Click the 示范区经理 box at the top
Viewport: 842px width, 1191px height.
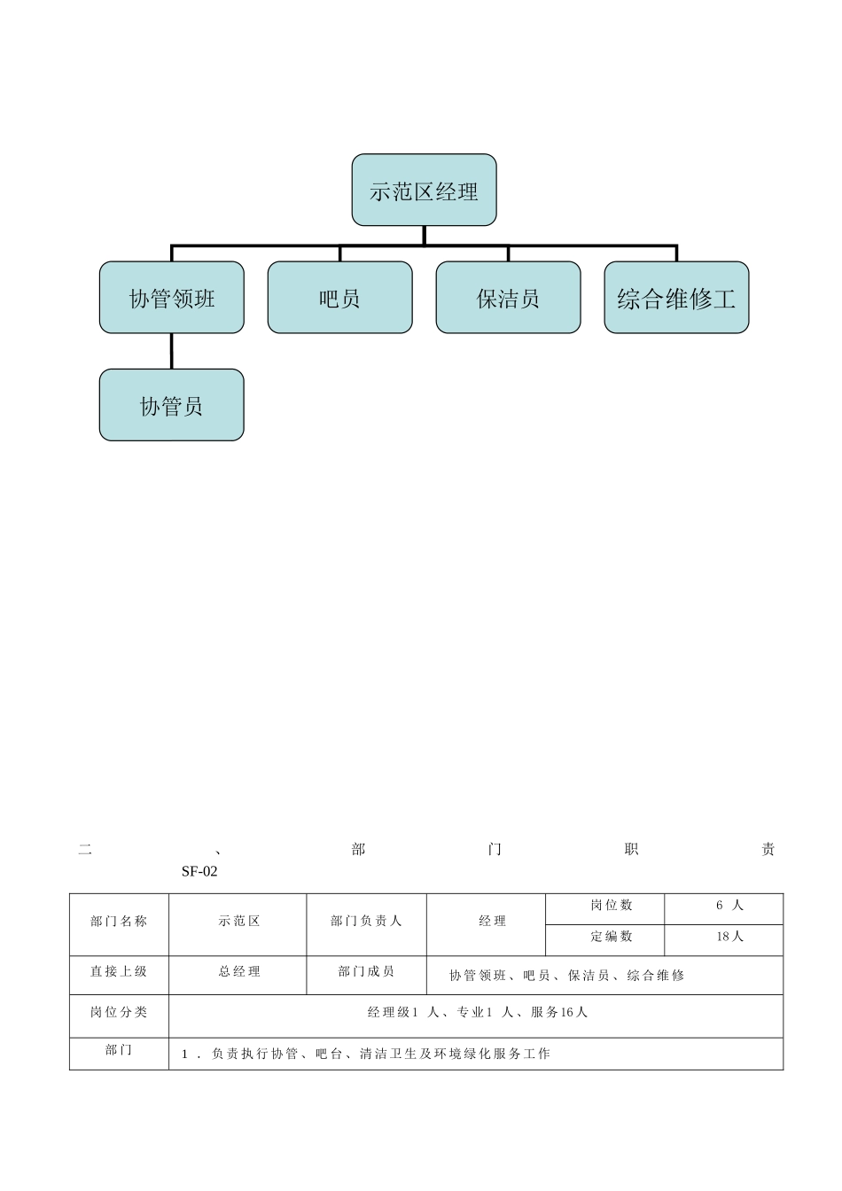click(x=424, y=191)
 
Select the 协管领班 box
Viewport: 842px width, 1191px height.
click(x=171, y=298)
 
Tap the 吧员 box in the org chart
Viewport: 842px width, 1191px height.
click(x=339, y=298)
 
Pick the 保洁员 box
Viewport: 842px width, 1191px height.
click(x=508, y=298)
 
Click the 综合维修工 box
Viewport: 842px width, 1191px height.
click(x=676, y=298)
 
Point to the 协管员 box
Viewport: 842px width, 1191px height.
click(x=171, y=405)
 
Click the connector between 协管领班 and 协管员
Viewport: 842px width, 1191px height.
click(x=171, y=351)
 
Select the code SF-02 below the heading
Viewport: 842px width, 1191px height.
click(x=199, y=871)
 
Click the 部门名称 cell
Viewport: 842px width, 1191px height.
click(x=119, y=922)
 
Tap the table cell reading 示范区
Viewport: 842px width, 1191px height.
click(x=239, y=922)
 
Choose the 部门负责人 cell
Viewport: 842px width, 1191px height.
click(x=366, y=922)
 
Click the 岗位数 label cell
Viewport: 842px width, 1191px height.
click(x=612, y=906)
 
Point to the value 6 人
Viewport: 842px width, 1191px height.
click(x=730, y=906)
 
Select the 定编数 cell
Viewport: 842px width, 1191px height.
click(x=612, y=937)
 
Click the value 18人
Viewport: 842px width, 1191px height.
click(x=730, y=937)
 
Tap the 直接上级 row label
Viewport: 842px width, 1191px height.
click(x=119, y=972)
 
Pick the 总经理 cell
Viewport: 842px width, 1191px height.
click(x=239, y=972)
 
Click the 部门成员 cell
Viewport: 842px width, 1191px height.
click(x=366, y=972)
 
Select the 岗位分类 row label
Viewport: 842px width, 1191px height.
click(x=119, y=1012)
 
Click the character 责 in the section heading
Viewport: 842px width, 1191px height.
click(x=768, y=850)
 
